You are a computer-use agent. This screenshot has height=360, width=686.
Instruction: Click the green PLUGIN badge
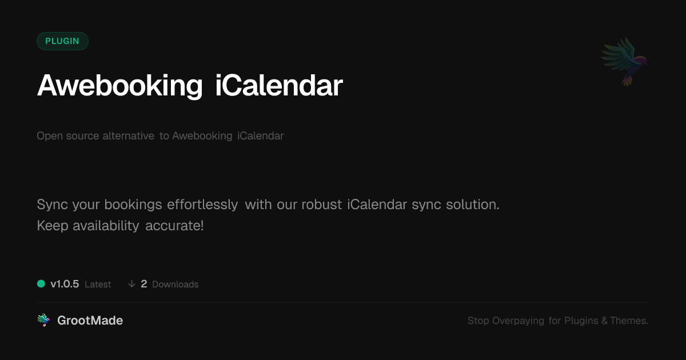(62, 41)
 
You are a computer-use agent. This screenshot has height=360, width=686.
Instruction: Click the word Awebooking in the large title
(119, 86)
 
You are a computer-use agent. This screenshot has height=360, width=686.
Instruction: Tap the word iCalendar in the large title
(279, 85)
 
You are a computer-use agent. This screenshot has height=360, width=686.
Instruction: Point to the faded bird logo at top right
(624, 62)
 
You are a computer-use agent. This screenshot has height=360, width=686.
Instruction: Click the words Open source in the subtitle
(67, 136)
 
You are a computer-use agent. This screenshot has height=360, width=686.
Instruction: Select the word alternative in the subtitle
(128, 135)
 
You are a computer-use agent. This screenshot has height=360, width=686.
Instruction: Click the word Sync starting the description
(53, 205)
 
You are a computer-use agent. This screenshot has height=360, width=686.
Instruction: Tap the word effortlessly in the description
(202, 205)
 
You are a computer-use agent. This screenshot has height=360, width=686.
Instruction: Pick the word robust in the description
(321, 205)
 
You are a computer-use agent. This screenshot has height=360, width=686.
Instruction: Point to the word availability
(106, 226)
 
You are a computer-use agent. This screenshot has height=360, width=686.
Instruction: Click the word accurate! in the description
(174, 226)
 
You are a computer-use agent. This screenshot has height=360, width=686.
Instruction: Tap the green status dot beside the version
(41, 284)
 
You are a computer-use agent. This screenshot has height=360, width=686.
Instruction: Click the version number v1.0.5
(65, 284)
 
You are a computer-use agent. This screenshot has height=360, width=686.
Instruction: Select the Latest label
(98, 285)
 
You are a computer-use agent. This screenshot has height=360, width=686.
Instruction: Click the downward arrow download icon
(131, 284)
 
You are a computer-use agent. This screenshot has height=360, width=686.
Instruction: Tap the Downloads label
(175, 285)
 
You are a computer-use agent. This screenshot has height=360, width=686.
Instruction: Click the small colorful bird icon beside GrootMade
(43, 320)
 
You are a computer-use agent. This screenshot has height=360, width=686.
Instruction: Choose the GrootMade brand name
(90, 321)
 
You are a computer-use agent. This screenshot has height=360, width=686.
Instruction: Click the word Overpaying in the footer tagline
(518, 321)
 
